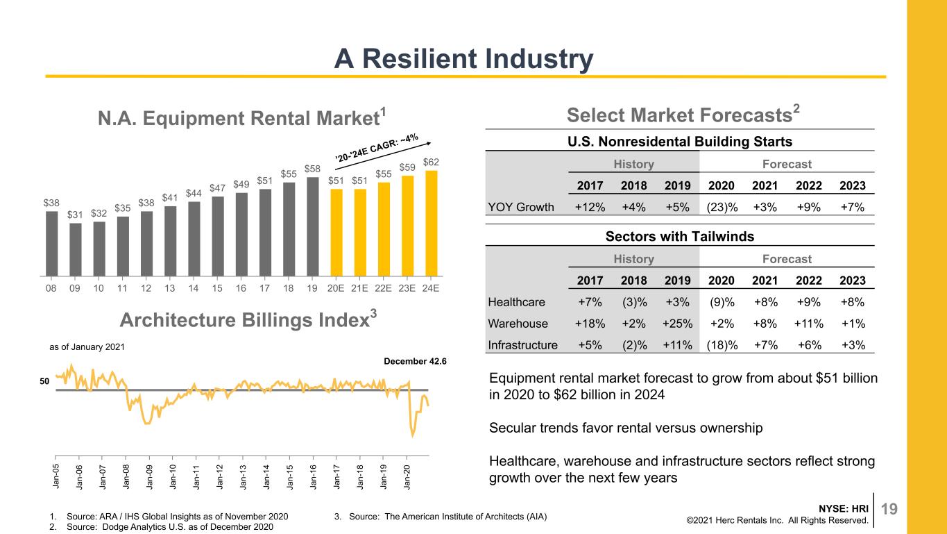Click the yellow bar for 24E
pyautogui.click(x=432, y=224)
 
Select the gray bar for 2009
pyautogui.click(x=75, y=250)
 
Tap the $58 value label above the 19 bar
pyautogui.click(x=312, y=169)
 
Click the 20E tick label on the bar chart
pyautogui.click(x=336, y=288)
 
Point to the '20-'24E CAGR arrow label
pyautogui.click(x=377, y=148)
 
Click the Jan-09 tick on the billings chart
pyautogui.click(x=149, y=476)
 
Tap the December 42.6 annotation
pyautogui.click(x=415, y=361)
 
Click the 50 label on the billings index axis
pyautogui.click(x=44, y=381)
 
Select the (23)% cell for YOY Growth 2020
pyautogui.click(x=722, y=208)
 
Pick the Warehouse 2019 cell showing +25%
pyautogui.click(x=678, y=324)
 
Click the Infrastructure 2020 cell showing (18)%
pyautogui.click(x=722, y=345)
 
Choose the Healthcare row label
pyautogui.click(x=516, y=302)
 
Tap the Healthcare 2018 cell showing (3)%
pyautogui.click(x=634, y=302)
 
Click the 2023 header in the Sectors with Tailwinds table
pyautogui.click(x=852, y=281)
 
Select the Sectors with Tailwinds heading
pyautogui.click(x=680, y=236)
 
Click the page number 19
pyautogui.click(x=889, y=509)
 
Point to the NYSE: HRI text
pyautogui.click(x=844, y=508)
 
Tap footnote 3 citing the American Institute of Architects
pyautogui.click(x=440, y=517)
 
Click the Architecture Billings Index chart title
pyautogui.click(x=248, y=319)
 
